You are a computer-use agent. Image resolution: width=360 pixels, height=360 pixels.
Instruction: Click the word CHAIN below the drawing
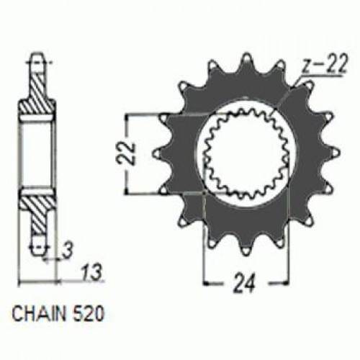point(34,315)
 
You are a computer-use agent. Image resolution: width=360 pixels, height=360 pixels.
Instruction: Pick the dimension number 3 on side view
point(66,250)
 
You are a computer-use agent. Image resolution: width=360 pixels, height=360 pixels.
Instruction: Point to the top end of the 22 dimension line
point(128,115)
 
